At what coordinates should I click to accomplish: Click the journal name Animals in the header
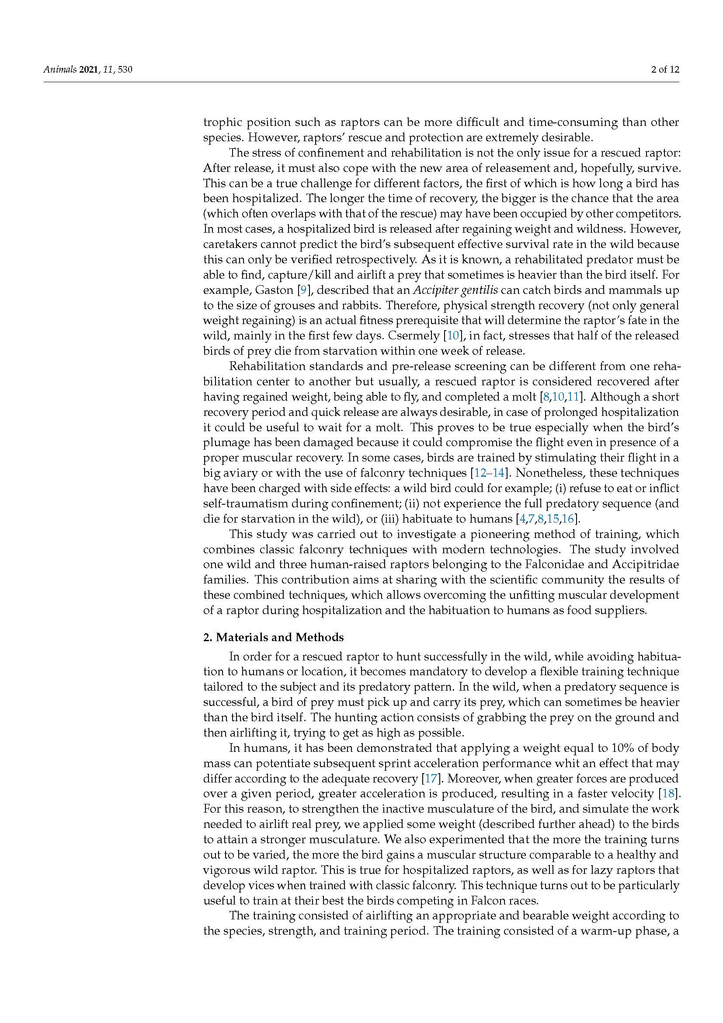click(60, 70)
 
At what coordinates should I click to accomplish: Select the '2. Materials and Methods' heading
click(273, 637)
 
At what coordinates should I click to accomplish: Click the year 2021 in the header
click(89, 70)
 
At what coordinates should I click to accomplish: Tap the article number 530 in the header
click(125, 70)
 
